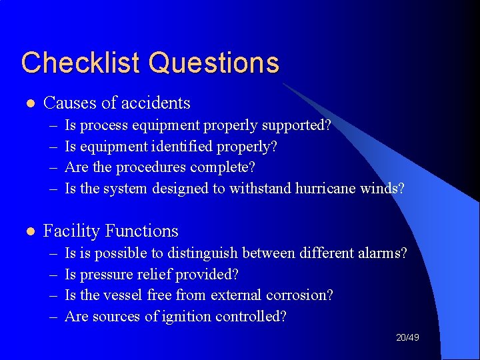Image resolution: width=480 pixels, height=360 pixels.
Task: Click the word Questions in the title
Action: click(214, 63)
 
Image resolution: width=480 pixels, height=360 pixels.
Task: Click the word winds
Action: click(381, 188)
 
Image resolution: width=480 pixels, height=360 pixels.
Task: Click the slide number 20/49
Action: click(407, 338)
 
